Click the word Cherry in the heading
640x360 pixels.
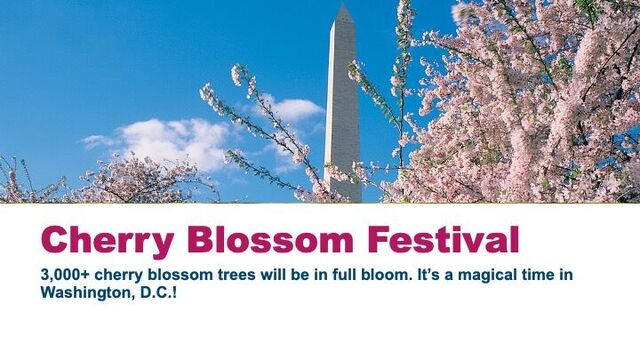click(108, 241)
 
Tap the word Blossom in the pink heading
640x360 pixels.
click(270, 240)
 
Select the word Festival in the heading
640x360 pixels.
click(443, 240)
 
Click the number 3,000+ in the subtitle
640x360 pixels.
click(65, 275)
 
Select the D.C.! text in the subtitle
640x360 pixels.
click(159, 293)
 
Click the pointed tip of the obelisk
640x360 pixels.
click(343, 4)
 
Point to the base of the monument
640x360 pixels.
click(343, 196)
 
